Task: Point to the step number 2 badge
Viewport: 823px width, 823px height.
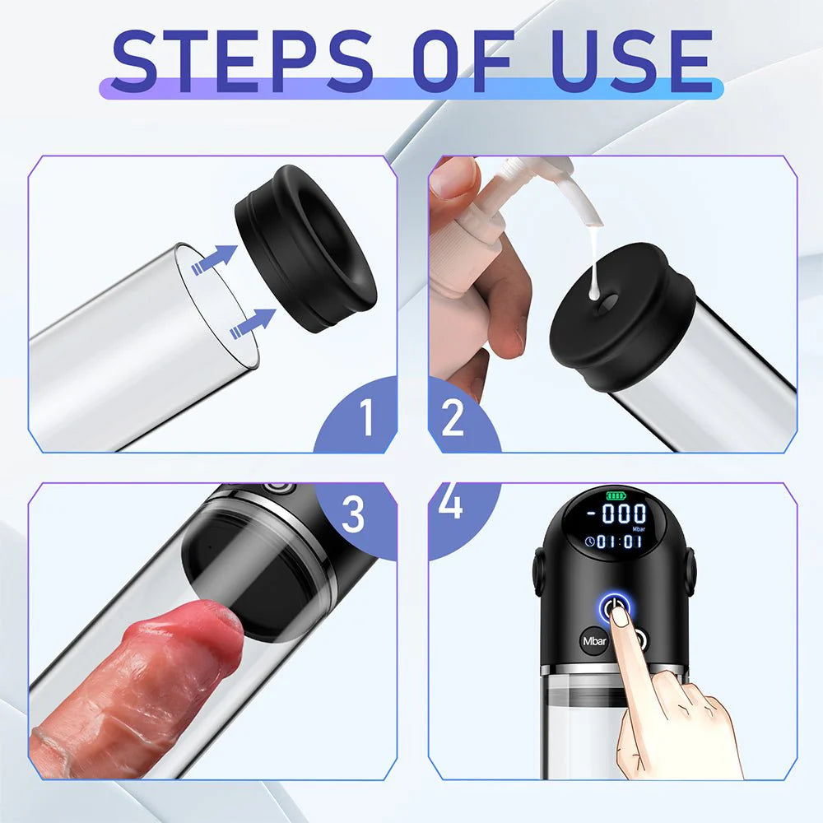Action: [453, 419]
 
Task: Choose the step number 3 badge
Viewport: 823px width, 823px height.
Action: [352, 514]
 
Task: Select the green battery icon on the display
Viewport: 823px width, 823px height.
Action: [616, 496]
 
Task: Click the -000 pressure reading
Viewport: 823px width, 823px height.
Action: [625, 514]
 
